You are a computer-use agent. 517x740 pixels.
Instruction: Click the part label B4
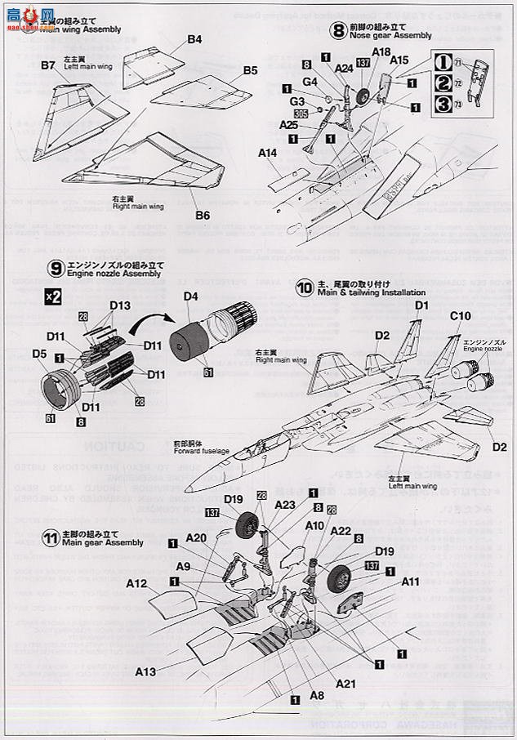(x=194, y=39)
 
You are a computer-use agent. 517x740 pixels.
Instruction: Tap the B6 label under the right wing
(x=203, y=216)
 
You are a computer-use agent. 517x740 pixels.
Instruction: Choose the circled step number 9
(x=56, y=268)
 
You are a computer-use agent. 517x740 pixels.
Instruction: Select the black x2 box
(x=53, y=296)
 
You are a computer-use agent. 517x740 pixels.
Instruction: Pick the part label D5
(x=39, y=354)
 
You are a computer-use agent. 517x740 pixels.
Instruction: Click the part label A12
(x=136, y=584)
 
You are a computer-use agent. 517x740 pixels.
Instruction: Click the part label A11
(x=410, y=582)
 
